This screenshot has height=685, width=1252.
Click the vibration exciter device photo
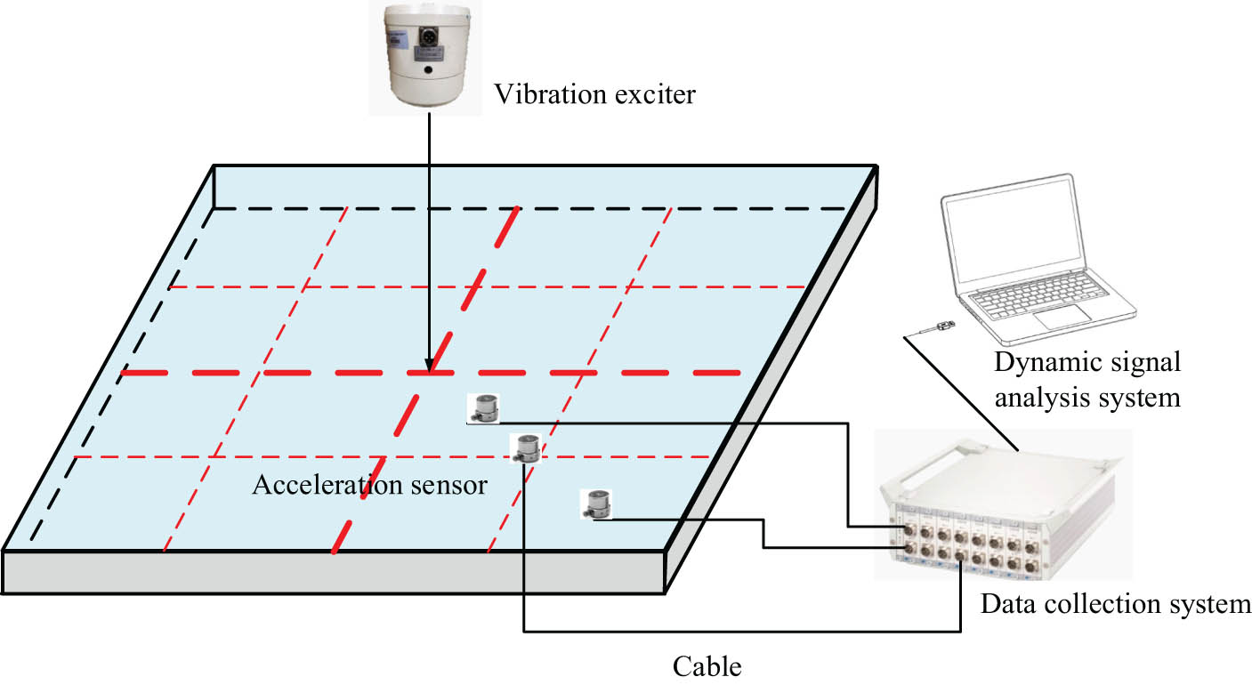[425, 55]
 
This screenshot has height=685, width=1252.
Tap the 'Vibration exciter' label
[594, 94]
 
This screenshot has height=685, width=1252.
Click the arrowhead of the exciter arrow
[429, 366]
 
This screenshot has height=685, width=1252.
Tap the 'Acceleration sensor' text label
[369, 486]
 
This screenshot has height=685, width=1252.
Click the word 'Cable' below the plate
[707, 665]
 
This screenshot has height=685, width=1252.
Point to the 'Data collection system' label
[1115, 605]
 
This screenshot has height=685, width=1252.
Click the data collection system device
[1001, 507]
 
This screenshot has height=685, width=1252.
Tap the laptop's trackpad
[1062, 314]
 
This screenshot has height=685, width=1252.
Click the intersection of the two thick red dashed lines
[429, 372]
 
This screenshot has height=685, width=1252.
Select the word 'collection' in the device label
[1096, 605]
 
